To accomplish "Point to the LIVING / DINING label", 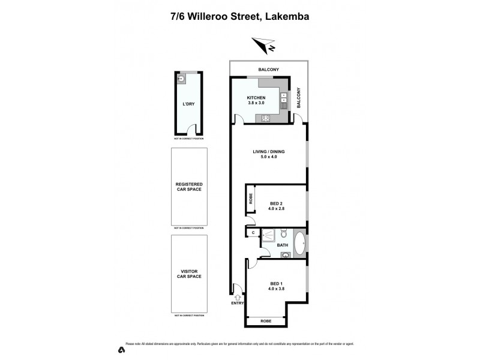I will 268,151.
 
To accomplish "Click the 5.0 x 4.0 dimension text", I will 268,158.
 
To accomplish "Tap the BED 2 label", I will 277,203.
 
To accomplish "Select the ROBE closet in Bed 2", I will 251,199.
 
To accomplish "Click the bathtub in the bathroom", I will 300,245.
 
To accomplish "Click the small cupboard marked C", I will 253,233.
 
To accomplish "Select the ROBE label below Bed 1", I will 266,322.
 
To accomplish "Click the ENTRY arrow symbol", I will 238,296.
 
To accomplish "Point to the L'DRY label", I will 188,104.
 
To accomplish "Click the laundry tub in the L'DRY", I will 179,78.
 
